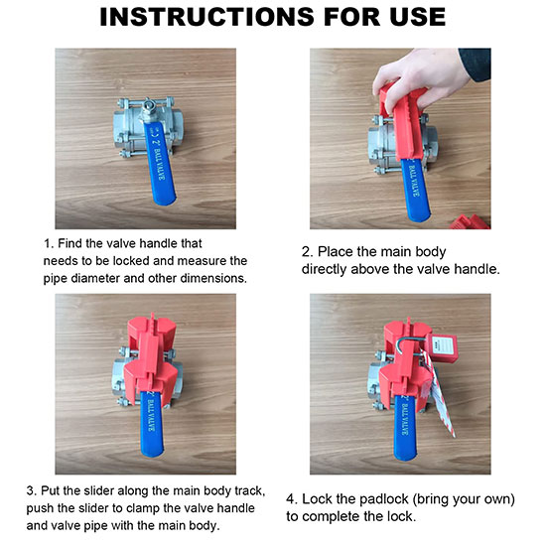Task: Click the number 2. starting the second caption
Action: click(307, 252)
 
